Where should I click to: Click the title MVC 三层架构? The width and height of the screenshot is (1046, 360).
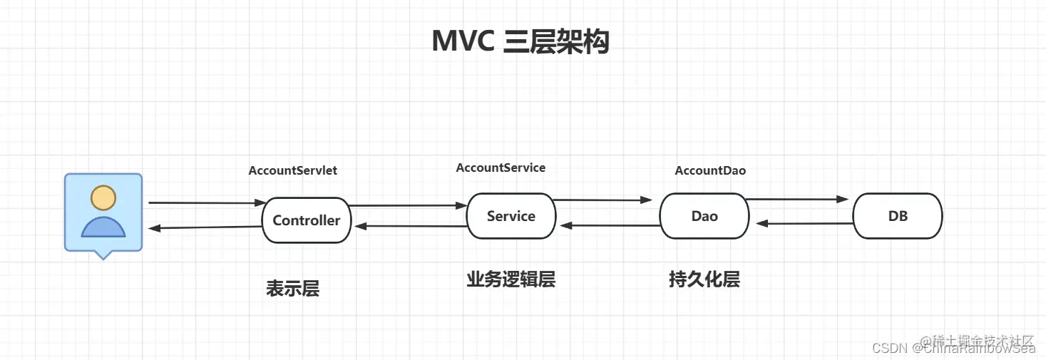(x=521, y=42)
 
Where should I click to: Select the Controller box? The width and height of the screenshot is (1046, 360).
(x=307, y=220)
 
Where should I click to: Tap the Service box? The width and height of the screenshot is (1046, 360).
(x=511, y=216)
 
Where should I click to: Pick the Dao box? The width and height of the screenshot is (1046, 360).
(x=704, y=216)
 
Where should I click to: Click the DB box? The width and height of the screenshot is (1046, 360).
(x=898, y=216)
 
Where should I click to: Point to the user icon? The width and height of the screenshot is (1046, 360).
(x=103, y=214)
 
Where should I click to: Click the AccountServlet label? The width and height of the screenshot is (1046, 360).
(x=292, y=170)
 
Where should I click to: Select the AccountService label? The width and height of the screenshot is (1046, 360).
(x=501, y=168)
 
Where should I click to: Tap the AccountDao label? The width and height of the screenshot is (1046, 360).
(x=710, y=170)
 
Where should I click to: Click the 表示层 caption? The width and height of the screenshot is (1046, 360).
(x=292, y=288)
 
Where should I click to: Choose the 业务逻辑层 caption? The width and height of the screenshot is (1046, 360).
(x=511, y=279)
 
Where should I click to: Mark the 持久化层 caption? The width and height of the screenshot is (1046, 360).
(x=704, y=279)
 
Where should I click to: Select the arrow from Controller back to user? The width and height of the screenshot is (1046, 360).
(x=205, y=227)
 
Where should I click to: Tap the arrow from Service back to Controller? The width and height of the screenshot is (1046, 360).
(x=410, y=226)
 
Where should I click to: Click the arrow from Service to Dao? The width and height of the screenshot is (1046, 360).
(x=603, y=200)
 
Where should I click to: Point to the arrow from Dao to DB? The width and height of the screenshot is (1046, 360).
(x=797, y=200)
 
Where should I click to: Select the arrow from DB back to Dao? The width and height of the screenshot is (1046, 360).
(x=804, y=223)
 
